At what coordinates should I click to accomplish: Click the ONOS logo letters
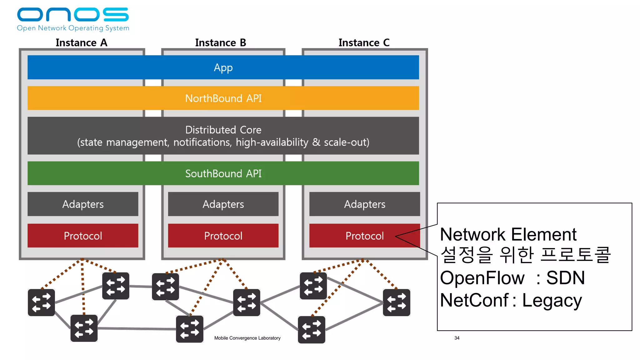coord(73,15)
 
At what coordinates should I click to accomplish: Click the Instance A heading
coord(81,42)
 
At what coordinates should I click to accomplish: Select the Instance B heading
coord(221,42)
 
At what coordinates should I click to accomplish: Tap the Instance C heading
coord(364,42)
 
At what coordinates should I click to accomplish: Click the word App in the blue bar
coord(223,67)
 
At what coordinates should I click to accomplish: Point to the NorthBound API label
coord(223,98)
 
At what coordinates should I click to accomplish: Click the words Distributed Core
coord(223,130)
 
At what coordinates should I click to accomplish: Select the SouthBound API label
coord(223,173)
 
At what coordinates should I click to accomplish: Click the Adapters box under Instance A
coord(83,204)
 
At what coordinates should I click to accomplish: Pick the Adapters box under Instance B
coord(223,204)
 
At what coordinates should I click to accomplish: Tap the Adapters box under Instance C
coord(365,204)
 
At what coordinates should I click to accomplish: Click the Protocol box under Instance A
coord(83,236)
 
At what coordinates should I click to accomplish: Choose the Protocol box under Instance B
coord(223,236)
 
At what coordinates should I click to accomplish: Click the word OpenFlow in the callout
coord(482,278)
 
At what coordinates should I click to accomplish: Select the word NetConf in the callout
coord(474,300)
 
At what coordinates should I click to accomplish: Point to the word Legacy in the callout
coord(552,300)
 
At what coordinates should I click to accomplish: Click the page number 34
coord(457,338)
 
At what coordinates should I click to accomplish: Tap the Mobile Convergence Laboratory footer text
coord(247,338)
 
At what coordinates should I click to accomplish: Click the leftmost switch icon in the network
coord(41,302)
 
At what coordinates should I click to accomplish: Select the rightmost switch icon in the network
coord(397,302)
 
